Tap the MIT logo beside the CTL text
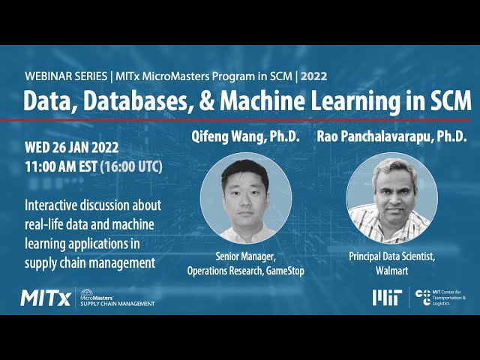click(x=387, y=297)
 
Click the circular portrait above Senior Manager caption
click(x=246, y=198)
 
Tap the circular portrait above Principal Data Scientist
click(x=391, y=198)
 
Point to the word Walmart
click(x=391, y=270)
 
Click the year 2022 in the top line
click(x=313, y=76)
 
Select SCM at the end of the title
click(x=448, y=100)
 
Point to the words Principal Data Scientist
click(x=391, y=256)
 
